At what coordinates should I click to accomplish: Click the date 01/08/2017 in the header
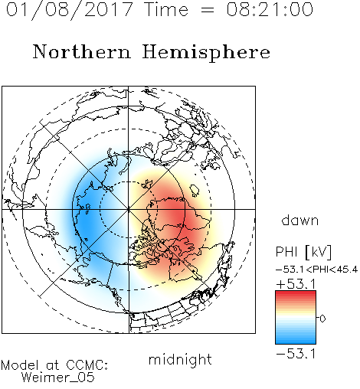tap(70, 10)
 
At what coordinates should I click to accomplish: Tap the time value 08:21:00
tap(270, 9)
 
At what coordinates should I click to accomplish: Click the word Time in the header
tap(166, 9)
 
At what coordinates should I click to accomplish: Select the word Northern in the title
tap(81, 51)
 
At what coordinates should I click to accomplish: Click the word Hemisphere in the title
tap(206, 53)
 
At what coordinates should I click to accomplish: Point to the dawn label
tap(300, 220)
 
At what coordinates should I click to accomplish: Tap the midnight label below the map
tap(180, 359)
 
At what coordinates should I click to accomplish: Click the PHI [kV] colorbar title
tap(303, 252)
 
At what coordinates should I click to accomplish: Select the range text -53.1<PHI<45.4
tap(316, 270)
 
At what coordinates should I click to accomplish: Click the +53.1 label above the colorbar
tap(296, 284)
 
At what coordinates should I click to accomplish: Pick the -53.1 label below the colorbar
tap(296, 354)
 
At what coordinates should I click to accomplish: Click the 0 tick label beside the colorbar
tap(322, 319)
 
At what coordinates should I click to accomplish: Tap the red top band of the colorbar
tap(296, 293)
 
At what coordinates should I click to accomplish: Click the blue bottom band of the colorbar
tap(296, 341)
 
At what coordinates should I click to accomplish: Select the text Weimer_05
tap(57, 378)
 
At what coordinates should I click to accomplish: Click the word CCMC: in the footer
tap(87, 365)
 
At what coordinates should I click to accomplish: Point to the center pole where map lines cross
tap(129, 209)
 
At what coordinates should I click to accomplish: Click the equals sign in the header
tap(208, 10)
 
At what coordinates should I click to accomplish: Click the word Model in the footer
tap(20, 365)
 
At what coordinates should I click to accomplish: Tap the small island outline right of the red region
tap(195, 190)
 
